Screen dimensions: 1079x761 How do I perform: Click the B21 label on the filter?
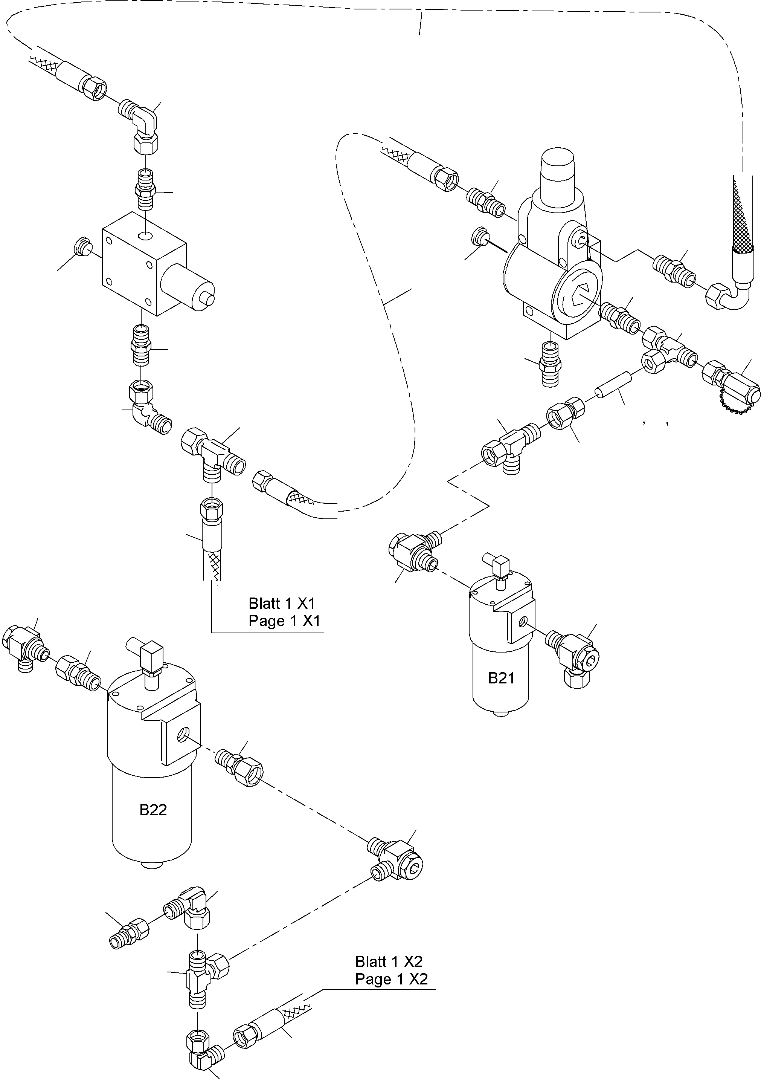tap(501, 678)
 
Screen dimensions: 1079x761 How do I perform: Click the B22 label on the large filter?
tap(153, 809)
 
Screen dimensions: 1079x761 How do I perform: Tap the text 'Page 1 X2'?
tap(391, 979)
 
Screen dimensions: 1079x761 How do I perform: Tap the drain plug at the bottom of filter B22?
tap(151, 865)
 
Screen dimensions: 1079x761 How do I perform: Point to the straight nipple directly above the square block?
tap(145, 190)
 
